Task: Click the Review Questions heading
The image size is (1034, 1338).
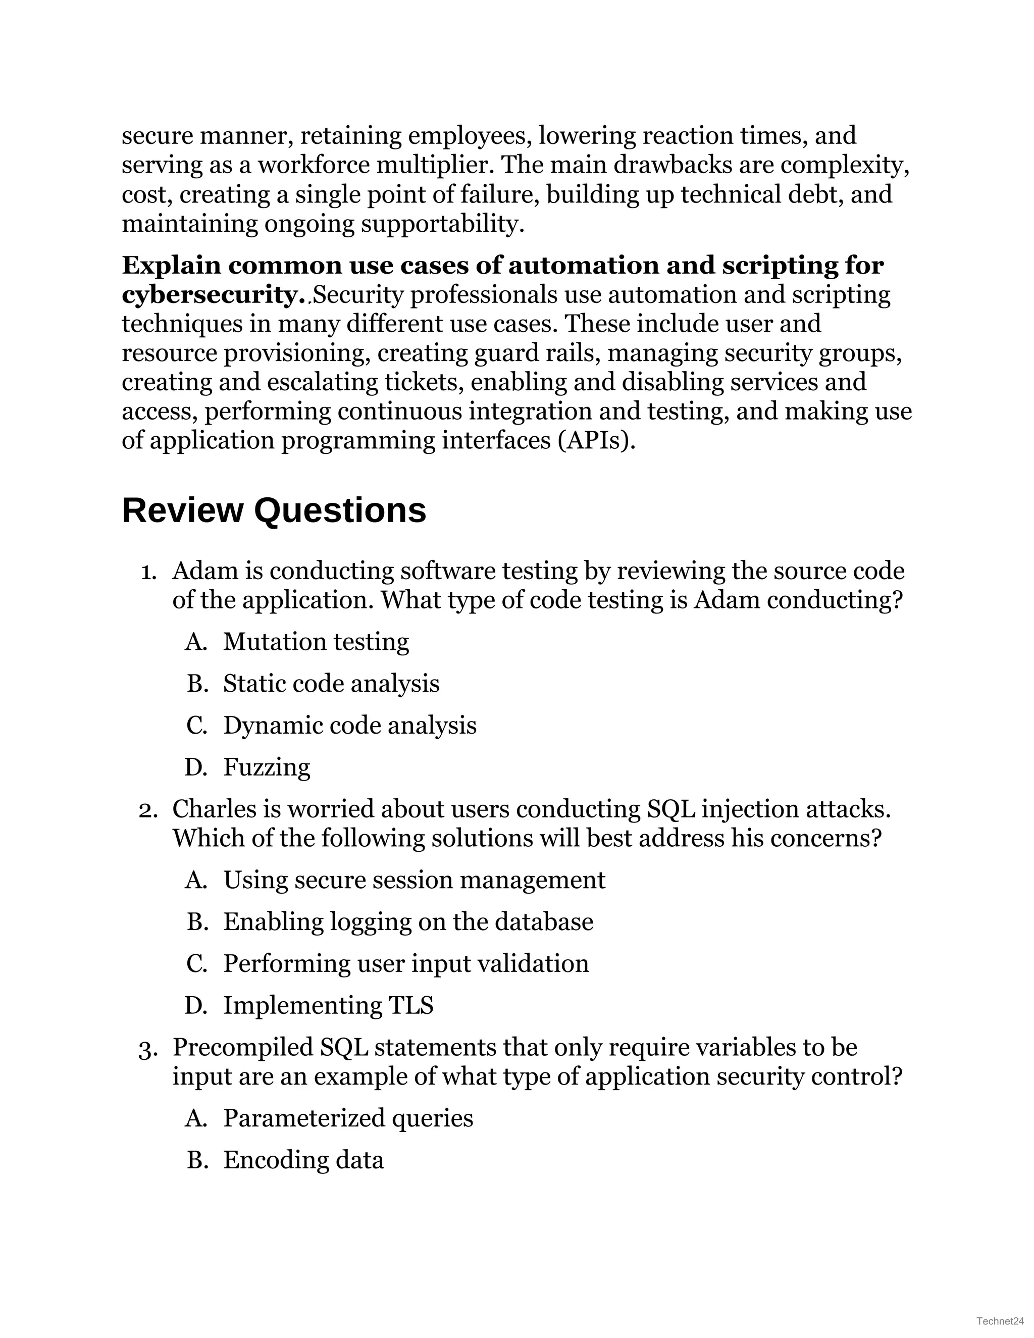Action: click(x=274, y=510)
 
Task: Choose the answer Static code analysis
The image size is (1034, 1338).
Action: click(x=331, y=683)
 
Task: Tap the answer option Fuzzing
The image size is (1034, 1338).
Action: click(x=267, y=767)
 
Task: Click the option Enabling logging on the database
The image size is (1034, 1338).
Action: click(x=408, y=921)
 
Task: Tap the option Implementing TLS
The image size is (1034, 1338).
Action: click(x=328, y=1005)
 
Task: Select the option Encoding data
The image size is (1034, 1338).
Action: click(x=303, y=1160)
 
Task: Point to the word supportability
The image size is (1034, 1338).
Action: click(x=442, y=224)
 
